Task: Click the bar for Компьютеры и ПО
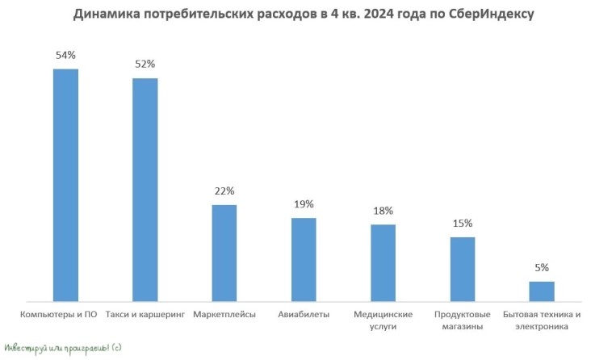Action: click(x=65, y=184)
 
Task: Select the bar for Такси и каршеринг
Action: click(x=145, y=189)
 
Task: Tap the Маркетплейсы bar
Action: click(x=224, y=252)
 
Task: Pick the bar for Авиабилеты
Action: click(x=304, y=258)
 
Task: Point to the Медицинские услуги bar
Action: click(x=384, y=262)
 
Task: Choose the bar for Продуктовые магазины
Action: click(x=463, y=268)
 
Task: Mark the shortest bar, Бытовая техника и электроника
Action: click(x=542, y=291)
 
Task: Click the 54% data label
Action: click(x=65, y=55)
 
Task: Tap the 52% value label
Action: click(x=145, y=65)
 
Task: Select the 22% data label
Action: click(x=224, y=191)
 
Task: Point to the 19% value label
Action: click(x=304, y=204)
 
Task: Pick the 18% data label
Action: click(x=384, y=211)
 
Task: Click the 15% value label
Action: click(x=463, y=224)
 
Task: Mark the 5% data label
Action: click(x=542, y=268)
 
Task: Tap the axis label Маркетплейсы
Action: click(x=224, y=314)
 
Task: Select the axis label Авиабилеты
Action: click(x=304, y=314)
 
